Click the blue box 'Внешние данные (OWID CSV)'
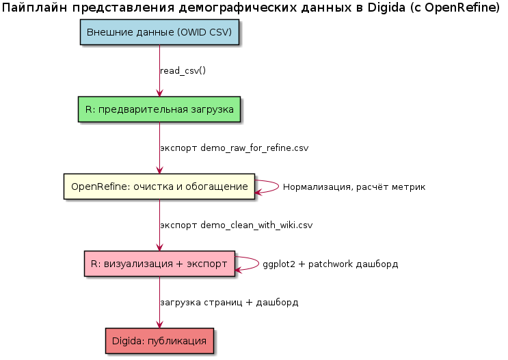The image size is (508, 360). [x=159, y=32]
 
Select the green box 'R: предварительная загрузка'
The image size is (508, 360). [x=159, y=109]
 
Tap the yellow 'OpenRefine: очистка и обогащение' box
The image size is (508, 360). [x=159, y=186]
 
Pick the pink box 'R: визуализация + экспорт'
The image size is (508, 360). [x=159, y=263]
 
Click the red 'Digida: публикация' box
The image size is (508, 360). [x=159, y=340]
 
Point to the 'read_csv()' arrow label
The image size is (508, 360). [x=183, y=71]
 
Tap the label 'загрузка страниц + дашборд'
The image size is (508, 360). [x=229, y=302]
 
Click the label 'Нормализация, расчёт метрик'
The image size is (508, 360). [x=354, y=187]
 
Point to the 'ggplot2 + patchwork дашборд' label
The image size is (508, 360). [x=330, y=264]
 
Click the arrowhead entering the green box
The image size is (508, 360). [x=159, y=93]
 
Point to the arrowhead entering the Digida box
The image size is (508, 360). [x=159, y=324]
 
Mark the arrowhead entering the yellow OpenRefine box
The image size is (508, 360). [x=159, y=170]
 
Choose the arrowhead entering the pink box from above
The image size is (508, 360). [x=159, y=247]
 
